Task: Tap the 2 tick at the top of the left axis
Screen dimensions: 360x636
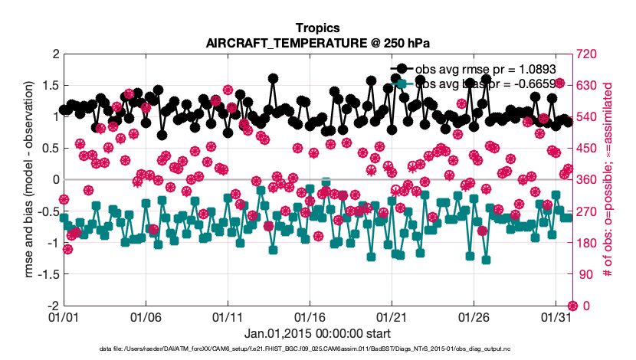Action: [x=55, y=54]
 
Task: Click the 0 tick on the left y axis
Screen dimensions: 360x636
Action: [x=55, y=180]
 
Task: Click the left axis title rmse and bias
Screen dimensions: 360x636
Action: [x=31, y=180]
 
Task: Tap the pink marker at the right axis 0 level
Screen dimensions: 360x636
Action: [x=572, y=306]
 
